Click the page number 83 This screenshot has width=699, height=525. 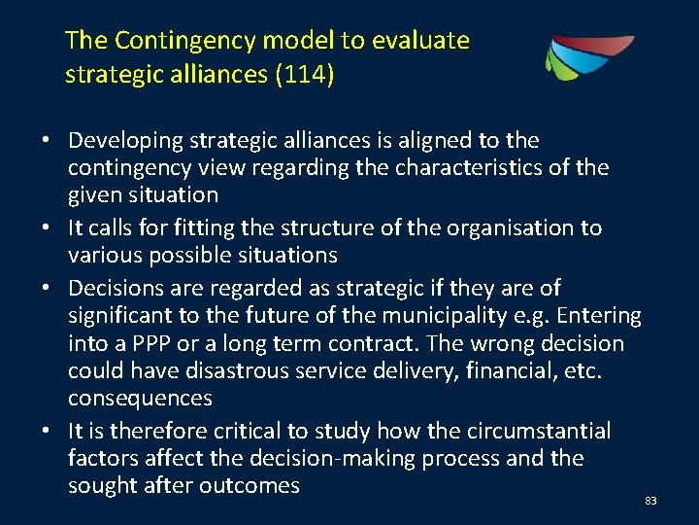tap(650, 501)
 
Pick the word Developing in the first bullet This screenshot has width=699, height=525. tap(125, 141)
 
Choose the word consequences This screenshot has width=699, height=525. tap(140, 399)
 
